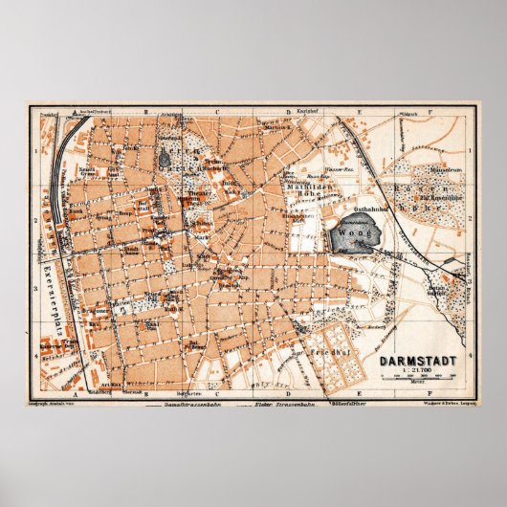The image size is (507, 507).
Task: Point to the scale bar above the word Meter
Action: coord(417,380)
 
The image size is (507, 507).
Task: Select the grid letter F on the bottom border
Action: coord(430,393)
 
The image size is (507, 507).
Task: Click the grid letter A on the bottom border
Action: coord(72,393)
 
